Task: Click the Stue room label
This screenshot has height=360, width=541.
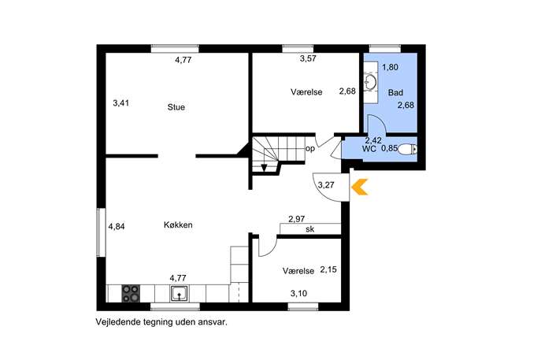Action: (x=176, y=107)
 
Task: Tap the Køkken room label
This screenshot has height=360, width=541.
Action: (x=178, y=225)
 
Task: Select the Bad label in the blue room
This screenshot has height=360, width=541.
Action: (x=395, y=92)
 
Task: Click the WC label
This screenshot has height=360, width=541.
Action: (x=369, y=149)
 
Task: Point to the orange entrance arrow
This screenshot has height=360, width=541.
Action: (x=360, y=187)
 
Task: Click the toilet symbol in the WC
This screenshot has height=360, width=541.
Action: (x=407, y=150)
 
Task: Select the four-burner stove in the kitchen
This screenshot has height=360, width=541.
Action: (x=131, y=293)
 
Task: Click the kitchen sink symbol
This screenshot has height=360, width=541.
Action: (x=180, y=294)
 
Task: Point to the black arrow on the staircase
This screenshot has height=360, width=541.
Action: (x=265, y=168)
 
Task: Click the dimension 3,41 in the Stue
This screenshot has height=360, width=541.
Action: (x=121, y=103)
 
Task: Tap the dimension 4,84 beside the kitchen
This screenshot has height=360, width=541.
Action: (x=117, y=227)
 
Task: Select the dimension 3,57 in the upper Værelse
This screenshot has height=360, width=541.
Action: (x=308, y=58)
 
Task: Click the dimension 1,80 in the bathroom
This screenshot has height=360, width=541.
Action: (x=391, y=67)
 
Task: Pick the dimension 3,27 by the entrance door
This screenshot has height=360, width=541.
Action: (x=326, y=185)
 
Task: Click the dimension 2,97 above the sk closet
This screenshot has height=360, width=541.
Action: (x=297, y=219)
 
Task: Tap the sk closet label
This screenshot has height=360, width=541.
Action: (x=309, y=228)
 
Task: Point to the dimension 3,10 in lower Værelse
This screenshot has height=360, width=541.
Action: (x=298, y=294)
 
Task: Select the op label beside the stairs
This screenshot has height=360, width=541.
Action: (x=310, y=150)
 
